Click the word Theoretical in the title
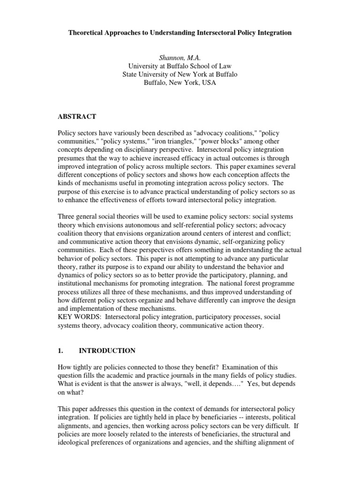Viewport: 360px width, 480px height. [x=89, y=33]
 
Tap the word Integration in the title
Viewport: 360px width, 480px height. [x=272, y=33]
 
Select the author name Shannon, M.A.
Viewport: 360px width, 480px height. [x=180, y=58]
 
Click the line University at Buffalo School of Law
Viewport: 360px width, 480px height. [x=180, y=66]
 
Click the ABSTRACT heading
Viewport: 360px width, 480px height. [x=77, y=117]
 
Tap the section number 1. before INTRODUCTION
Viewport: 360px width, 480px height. [x=60, y=351]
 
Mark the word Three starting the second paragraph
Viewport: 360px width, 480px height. [x=67, y=217]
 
